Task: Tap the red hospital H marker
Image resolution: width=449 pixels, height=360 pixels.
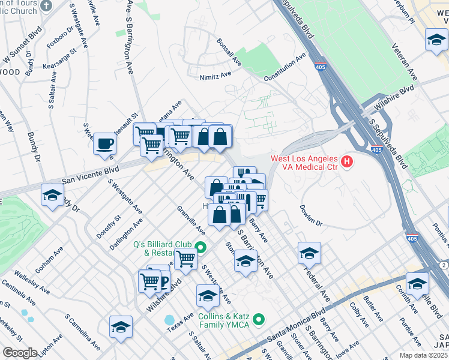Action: click(x=346, y=161)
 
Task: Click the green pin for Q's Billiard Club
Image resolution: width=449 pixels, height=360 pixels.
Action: click(x=202, y=247)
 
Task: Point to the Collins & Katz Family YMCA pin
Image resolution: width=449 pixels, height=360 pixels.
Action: click(x=259, y=319)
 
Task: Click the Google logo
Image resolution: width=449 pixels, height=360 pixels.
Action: click(x=20, y=352)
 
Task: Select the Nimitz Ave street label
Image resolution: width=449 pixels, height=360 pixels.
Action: click(x=215, y=76)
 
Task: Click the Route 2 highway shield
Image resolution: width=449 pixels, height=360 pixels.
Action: click(x=443, y=265)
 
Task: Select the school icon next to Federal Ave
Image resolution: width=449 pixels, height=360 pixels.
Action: click(x=309, y=253)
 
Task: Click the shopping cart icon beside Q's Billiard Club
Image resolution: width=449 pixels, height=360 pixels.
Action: click(x=186, y=260)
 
